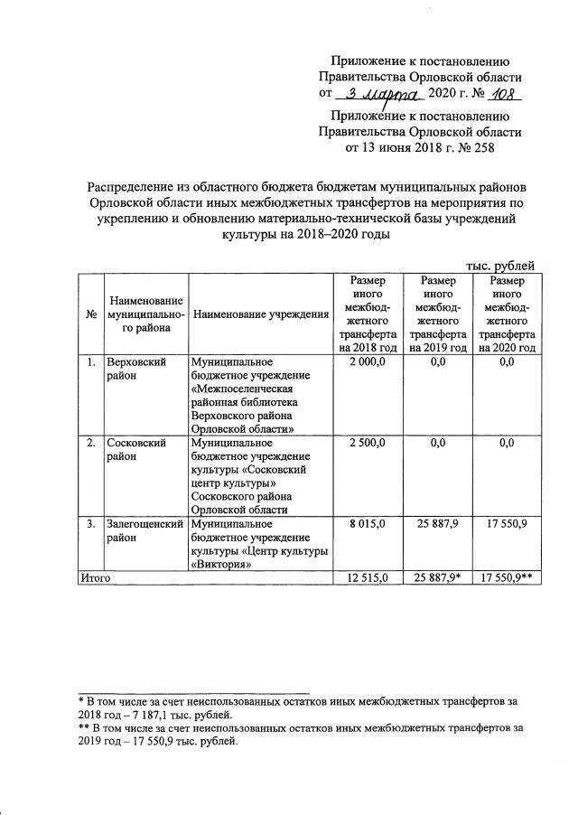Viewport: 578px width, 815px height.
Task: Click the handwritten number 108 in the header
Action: (x=504, y=95)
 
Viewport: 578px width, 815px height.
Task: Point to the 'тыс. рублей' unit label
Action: (x=501, y=265)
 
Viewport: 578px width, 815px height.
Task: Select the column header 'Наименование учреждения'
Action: (x=260, y=314)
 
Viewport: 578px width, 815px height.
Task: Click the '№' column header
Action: (x=91, y=314)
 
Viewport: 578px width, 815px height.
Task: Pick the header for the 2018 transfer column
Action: (x=368, y=314)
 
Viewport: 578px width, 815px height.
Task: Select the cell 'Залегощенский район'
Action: (x=144, y=530)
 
